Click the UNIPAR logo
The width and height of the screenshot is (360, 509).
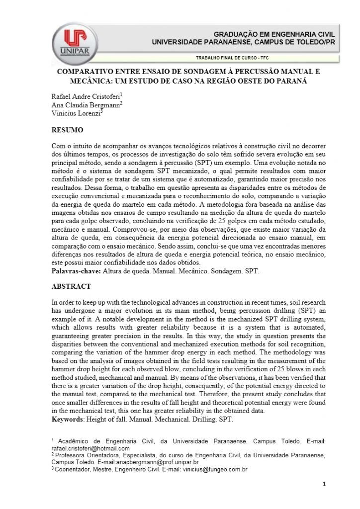(75, 42)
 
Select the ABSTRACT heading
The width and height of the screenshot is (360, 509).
(71, 286)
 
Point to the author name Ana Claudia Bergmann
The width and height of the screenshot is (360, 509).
(86, 105)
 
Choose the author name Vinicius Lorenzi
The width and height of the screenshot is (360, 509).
(76, 114)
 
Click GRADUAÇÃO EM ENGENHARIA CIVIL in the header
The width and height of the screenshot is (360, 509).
(274, 34)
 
